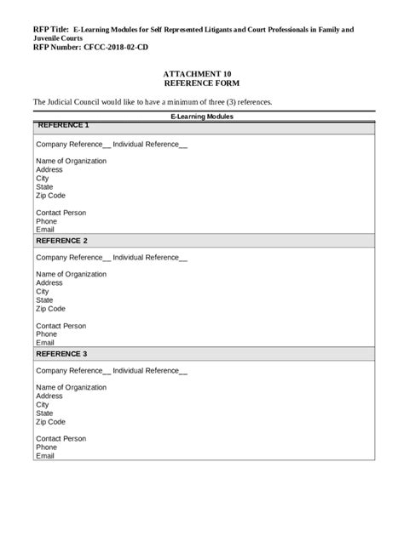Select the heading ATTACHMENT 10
pos(201,75)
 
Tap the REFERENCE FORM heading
pos(201,84)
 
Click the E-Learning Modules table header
pos(202,116)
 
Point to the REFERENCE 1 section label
pos(62,125)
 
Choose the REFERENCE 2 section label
pos(61,240)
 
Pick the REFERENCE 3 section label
pos(61,353)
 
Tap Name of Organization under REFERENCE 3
pos(71,387)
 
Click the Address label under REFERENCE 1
pos(49,169)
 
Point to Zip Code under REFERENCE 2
pos(50,308)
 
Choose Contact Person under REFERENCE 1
pos(61,212)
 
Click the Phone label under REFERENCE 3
pos(46,447)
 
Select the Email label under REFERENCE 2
pos(45,342)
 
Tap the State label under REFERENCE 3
pos(44,413)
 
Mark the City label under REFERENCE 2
pos(43,291)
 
